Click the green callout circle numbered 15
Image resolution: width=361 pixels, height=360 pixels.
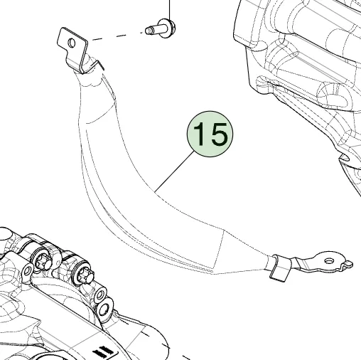coord(210,134)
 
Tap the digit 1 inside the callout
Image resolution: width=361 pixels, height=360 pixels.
coord(200,134)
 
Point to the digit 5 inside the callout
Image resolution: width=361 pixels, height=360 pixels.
coord(219,134)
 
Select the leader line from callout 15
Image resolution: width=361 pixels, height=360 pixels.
coord(175,171)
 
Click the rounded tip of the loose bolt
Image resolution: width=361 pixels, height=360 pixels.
coord(147,31)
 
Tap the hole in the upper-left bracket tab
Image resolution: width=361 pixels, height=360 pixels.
coord(72,43)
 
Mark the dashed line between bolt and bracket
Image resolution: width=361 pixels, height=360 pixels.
coord(118,36)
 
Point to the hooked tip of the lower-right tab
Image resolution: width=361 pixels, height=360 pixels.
coord(349,263)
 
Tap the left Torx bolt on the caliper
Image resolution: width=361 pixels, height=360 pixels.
coord(43,260)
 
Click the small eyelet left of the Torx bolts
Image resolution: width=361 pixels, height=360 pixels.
coord(28,270)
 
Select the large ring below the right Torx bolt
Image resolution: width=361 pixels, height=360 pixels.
coord(104,309)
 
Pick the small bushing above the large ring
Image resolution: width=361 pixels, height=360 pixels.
coord(100,295)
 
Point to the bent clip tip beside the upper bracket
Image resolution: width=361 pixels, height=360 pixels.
coord(99,65)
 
